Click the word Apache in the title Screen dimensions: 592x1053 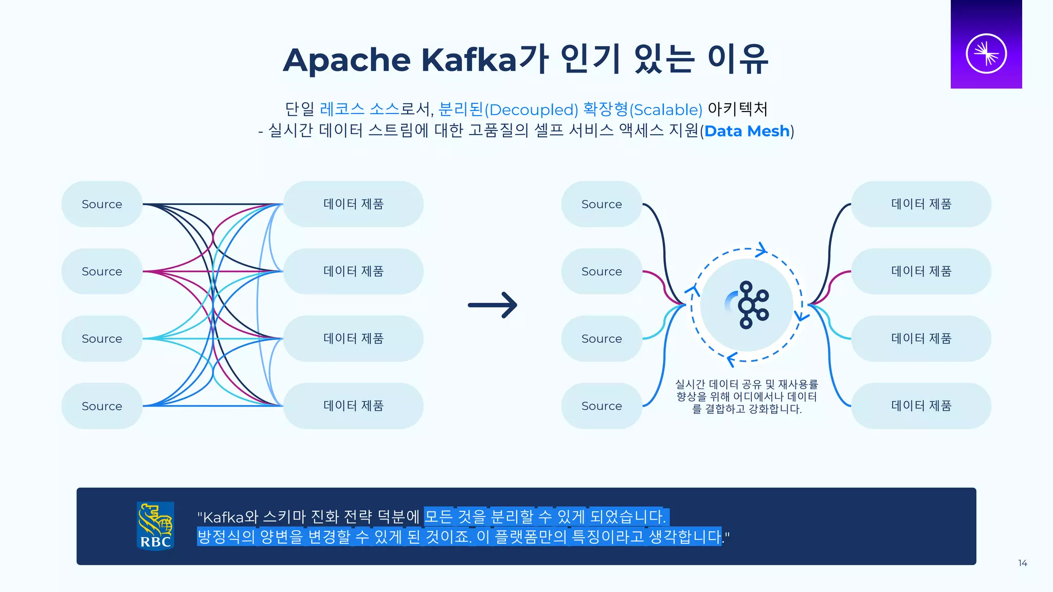pyautogui.click(x=347, y=61)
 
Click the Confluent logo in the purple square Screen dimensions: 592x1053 pyautogui.click(x=986, y=53)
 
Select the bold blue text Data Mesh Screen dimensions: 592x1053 pyautogui.click(x=747, y=131)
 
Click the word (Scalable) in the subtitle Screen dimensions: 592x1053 pyautogui.click(x=666, y=109)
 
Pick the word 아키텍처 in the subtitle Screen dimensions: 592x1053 pyautogui.click(x=737, y=109)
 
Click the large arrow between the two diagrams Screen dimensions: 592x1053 pyautogui.click(x=492, y=305)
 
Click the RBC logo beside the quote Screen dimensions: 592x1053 pyautogui.click(x=155, y=526)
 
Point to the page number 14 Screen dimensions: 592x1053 pyautogui.click(x=1022, y=563)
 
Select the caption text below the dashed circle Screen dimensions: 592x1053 pyautogui.click(x=747, y=397)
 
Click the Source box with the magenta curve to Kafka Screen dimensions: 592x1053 pyautogui.click(x=602, y=271)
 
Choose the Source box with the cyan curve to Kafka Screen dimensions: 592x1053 pyautogui.click(x=602, y=339)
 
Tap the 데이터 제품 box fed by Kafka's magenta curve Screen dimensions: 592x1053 pyautogui.click(x=921, y=271)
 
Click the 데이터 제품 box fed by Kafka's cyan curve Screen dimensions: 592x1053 pyautogui.click(x=921, y=339)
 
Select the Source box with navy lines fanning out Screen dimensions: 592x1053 pyautogui.click(x=102, y=204)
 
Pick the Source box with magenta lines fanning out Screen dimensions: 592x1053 pyautogui.click(x=102, y=271)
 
